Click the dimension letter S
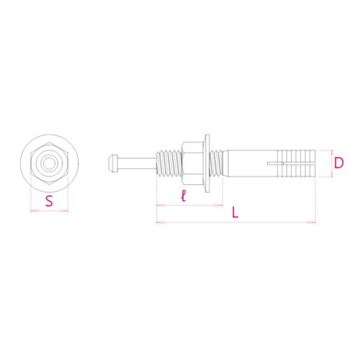pos(49,200)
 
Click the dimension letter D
pos(339,163)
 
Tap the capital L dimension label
pos(235,212)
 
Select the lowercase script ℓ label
pos(183,196)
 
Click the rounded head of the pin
pos(112,163)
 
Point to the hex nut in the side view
pos(193,163)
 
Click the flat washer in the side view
pos(207,163)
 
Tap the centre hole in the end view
pos(49,163)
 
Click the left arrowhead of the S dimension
pos(34,210)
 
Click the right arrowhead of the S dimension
pos(65,210)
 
